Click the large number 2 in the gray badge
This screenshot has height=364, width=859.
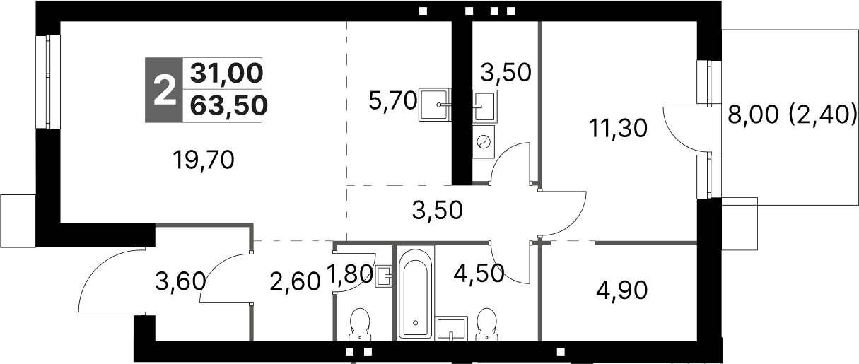point(163,90)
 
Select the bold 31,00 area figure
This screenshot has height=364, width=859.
point(226,73)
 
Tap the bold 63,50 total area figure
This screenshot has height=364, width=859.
point(229,105)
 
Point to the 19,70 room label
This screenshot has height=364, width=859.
point(204,161)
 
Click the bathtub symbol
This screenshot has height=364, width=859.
point(414,298)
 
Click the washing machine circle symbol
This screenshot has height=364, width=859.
point(484,141)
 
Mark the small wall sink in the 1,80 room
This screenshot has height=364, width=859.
point(384,276)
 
